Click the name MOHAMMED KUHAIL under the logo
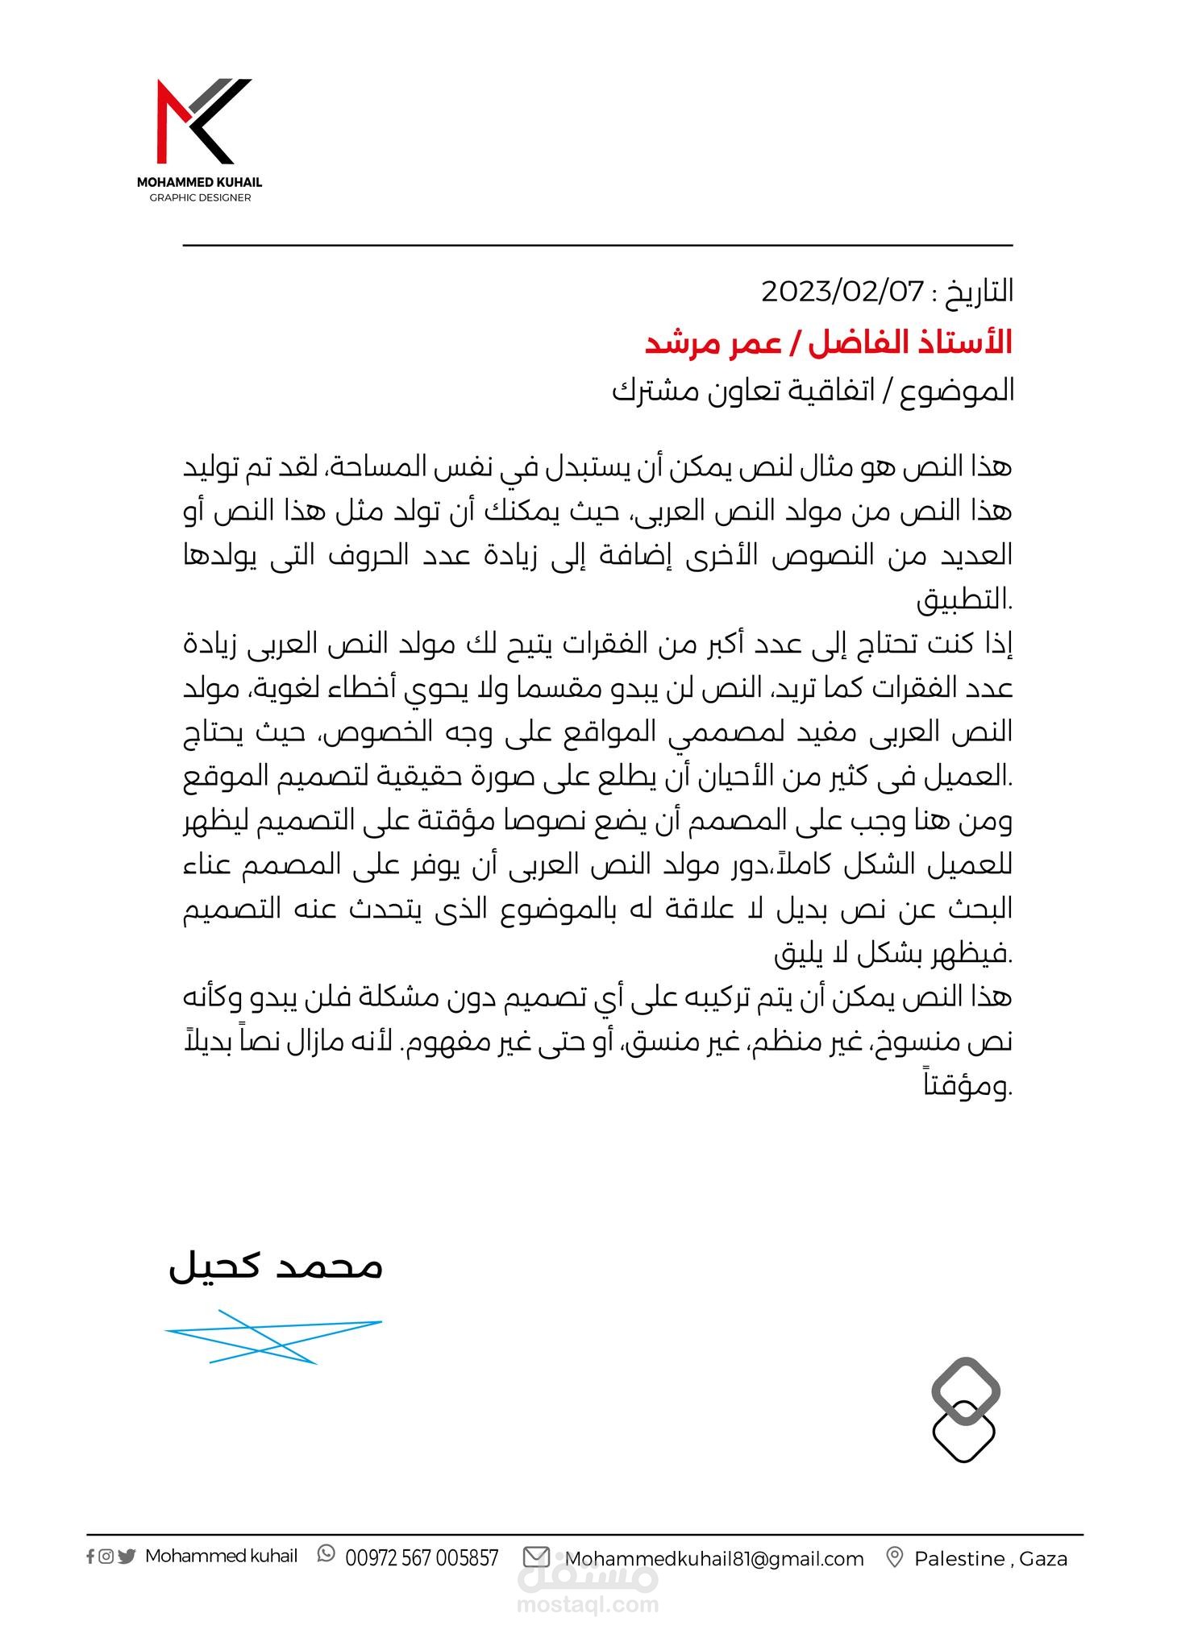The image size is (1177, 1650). [x=199, y=183]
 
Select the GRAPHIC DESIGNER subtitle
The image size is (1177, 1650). [x=200, y=198]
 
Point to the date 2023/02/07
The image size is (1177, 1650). [x=842, y=291]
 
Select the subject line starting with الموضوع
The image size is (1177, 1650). [x=813, y=391]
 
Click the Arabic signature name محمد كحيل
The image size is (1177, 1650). [x=275, y=1266]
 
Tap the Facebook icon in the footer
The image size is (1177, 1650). [x=90, y=1557]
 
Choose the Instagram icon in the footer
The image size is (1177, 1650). [x=106, y=1557]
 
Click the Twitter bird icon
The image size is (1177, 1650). [x=126, y=1557]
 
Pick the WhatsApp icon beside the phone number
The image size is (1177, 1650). [x=326, y=1554]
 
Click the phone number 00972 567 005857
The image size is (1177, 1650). [x=422, y=1558]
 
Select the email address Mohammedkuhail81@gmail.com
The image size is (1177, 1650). [x=714, y=1559]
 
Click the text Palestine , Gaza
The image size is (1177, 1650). [x=990, y=1559]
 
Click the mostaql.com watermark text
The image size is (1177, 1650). [x=587, y=1603]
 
